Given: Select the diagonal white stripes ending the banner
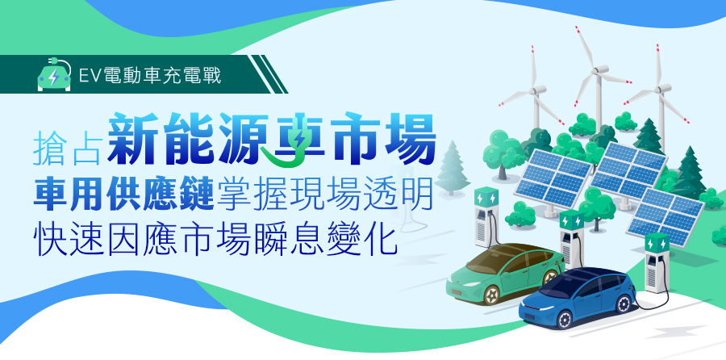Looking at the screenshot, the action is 268,74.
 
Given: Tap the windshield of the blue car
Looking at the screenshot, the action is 562,283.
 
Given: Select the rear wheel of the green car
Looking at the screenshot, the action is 550,277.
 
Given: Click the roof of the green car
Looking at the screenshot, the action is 514,253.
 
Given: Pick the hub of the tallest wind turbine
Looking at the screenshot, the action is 599,69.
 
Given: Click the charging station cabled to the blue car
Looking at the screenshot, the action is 657,262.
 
